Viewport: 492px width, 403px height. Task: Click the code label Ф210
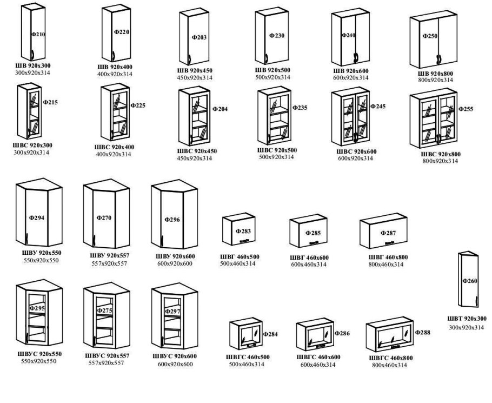tap(38, 34)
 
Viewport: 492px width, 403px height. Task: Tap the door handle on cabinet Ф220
tap(113, 56)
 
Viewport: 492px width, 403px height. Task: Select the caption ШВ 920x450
tap(195, 70)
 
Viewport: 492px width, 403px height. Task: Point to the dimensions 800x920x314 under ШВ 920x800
tap(435, 80)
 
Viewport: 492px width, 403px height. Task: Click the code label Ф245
tap(378, 106)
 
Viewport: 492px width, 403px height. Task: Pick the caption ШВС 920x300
tap(32, 146)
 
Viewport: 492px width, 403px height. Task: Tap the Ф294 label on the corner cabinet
tap(37, 217)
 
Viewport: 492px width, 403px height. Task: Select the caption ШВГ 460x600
tap(309, 257)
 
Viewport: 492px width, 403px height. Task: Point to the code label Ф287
tap(388, 233)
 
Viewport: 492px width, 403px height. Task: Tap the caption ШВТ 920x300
tap(467, 319)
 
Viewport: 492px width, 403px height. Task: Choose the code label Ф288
tap(423, 332)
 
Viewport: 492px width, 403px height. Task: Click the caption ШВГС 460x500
tap(248, 357)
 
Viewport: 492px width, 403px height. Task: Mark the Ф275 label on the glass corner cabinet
tap(104, 310)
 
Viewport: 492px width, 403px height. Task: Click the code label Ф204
tap(220, 109)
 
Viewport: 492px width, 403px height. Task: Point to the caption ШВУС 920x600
tap(175, 356)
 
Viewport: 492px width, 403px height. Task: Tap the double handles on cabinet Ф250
tap(439, 60)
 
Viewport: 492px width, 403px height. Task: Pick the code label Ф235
tap(300, 108)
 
